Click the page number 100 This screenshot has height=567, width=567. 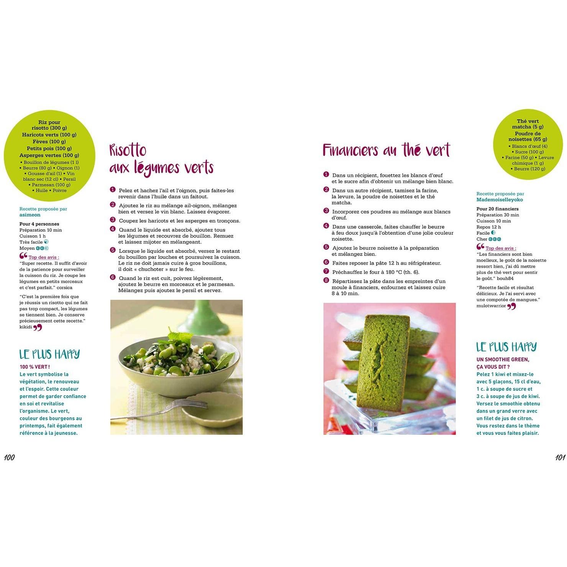click(x=9, y=457)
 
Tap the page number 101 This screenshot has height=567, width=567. click(x=560, y=457)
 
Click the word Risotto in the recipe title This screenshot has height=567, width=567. click(x=128, y=150)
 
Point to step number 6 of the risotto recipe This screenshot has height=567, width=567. click(x=113, y=277)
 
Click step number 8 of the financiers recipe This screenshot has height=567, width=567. click(x=326, y=280)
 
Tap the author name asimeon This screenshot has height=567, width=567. click(x=30, y=215)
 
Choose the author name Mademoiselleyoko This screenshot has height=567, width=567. click(x=500, y=200)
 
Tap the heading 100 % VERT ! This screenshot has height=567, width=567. click(x=34, y=367)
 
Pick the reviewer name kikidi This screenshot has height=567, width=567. click(x=26, y=327)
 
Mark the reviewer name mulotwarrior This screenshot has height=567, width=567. click(x=491, y=306)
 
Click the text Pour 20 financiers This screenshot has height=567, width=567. click(x=497, y=209)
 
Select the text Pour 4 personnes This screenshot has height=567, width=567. click(x=39, y=224)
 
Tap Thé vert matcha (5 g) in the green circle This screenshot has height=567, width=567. click(x=528, y=124)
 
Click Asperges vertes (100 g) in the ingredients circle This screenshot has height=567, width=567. click(x=49, y=155)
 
